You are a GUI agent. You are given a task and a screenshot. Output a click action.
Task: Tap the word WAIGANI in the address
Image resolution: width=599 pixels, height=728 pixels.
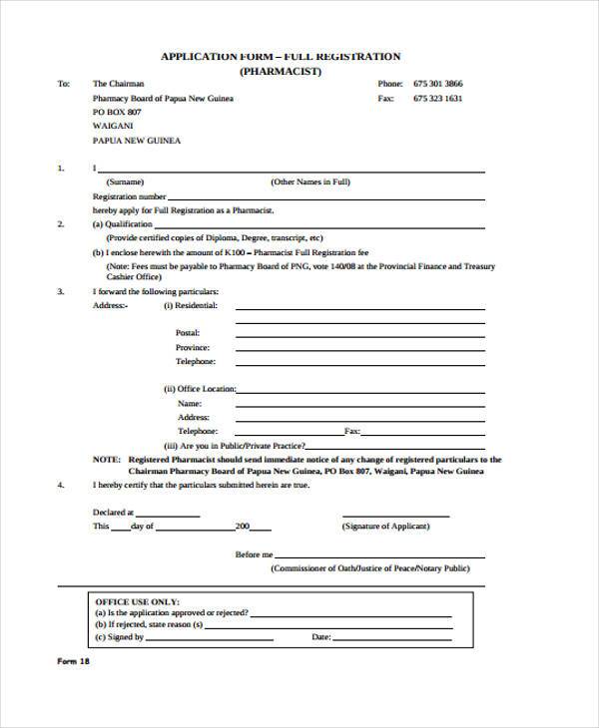click(112, 127)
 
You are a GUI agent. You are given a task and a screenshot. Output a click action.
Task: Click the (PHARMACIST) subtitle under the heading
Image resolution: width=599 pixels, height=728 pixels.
click(280, 72)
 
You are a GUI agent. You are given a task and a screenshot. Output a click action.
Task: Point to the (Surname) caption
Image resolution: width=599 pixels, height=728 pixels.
click(126, 182)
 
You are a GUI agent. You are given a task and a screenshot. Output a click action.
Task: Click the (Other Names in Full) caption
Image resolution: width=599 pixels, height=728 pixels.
click(310, 182)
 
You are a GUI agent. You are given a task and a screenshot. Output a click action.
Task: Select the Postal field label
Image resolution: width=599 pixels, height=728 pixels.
click(188, 332)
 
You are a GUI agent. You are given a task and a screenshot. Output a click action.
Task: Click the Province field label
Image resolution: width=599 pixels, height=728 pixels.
click(193, 347)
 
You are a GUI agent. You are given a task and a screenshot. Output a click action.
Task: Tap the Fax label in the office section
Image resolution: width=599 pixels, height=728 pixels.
click(351, 431)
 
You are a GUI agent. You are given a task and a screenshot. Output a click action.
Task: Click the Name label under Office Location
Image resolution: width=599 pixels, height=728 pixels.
click(189, 402)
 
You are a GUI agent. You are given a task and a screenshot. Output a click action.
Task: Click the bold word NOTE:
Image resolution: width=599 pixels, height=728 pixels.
click(106, 460)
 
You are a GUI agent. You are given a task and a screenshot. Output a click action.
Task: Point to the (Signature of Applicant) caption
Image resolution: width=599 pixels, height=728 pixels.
click(385, 526)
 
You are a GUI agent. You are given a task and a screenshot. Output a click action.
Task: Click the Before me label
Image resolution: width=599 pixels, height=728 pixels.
click(254, 554)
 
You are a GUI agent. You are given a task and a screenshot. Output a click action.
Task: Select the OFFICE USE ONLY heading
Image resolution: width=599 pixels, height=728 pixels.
click(137, 602)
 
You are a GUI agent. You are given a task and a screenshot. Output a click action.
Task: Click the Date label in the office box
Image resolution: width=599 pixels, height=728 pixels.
click(321, 636)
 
